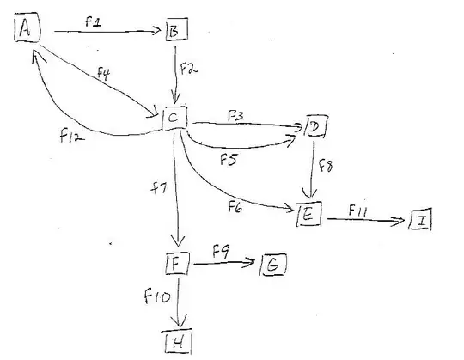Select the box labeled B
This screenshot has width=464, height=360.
pyautogui.click(x=174, y=33)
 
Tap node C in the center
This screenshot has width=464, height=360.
pyautogui.click(x=174, y=118)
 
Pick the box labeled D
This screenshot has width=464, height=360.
pyautogui.click(x=315, y=128)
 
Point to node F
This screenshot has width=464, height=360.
pyautogui.click(x=176, y=262)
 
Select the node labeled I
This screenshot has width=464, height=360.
pyautogui.click(x=421, y=221)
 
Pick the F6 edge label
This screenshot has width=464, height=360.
pyautogui.click(x=236, y=204)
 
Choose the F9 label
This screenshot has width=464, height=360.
pyautogui.click(x=221, y=252)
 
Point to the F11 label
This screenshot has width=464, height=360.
pyautogui.click(x=358, y=209)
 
